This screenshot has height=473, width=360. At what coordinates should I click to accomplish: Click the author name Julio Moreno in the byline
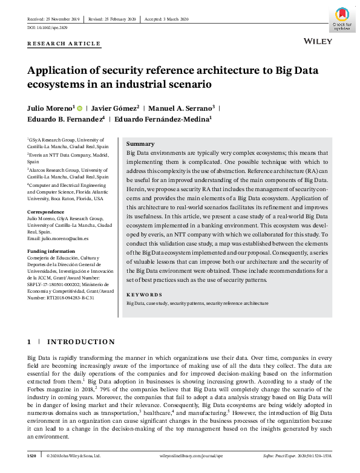[51, 108]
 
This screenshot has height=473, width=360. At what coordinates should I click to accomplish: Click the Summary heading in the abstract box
[140, 144]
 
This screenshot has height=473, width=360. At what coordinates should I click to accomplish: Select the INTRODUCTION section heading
[80, 342]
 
